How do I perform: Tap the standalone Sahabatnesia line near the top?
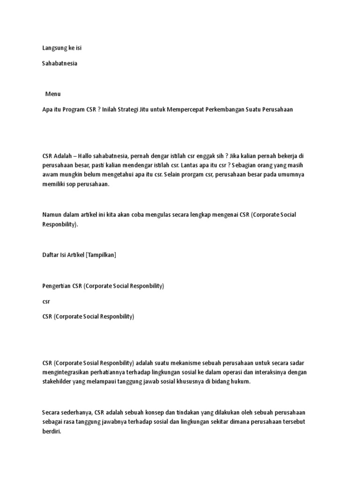(60, 63)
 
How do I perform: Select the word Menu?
(53, 94)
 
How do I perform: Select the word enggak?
(199, 156)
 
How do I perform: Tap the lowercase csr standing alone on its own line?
(46, 301)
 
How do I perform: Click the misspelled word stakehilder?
(58, 382)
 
